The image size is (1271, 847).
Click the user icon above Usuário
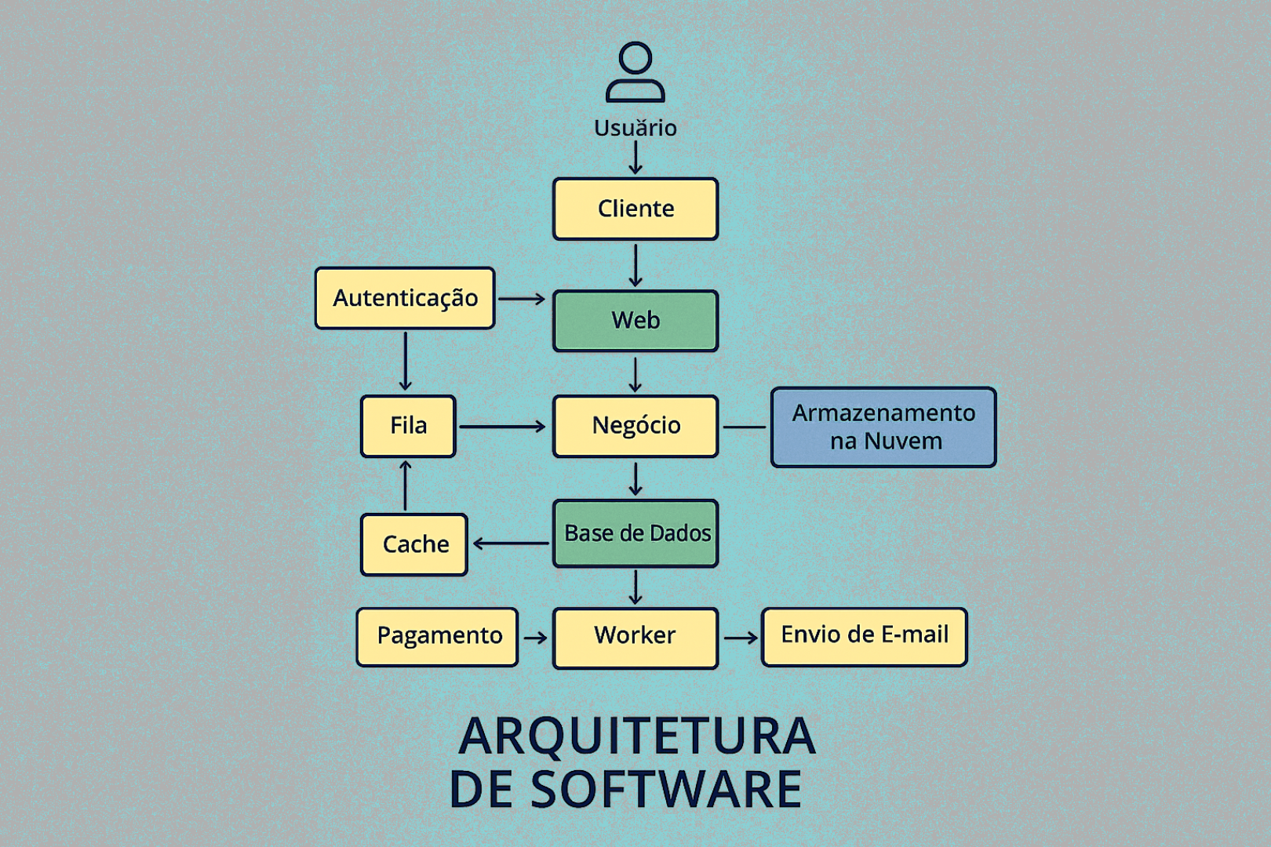[x=635, y=72]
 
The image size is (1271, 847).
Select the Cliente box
[x=635, y=209]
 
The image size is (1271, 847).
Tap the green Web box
[x=635, y=321]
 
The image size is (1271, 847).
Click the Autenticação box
[x=405, y=298]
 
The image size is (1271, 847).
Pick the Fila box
[x=408, y=426]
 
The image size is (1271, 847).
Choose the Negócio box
[x=635, y=426]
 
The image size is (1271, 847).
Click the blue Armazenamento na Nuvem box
[x=883, y=427]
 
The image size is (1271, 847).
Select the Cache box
[x=414, y=544]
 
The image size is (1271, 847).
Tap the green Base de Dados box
[x=635, y=533]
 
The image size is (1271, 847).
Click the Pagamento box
[x=438, y=637]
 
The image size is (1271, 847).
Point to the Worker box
[x=635, y=637]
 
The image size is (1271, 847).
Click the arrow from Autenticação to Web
[x=522, y=299]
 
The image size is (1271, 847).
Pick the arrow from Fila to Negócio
[x=502, y=427]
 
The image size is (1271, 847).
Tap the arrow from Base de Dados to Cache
[x=512, y=543]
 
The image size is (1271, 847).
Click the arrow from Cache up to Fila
[x=406, y=486]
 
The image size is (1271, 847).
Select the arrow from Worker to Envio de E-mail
[x=741, y=638]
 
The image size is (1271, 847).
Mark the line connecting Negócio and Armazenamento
[x=744, y=427]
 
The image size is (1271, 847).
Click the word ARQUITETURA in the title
[x=637, y=736]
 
